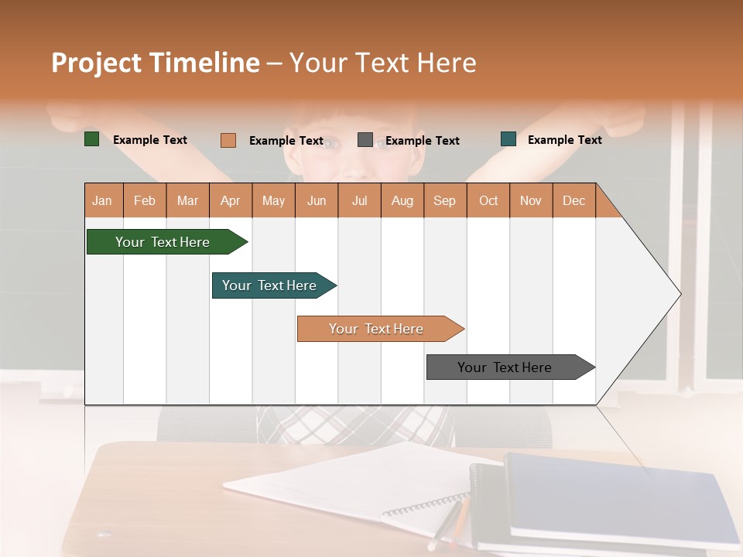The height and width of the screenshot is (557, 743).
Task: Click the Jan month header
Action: pos(103,200)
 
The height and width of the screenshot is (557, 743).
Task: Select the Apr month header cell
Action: pos(231,200)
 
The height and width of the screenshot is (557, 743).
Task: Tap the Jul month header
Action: pos(359,200)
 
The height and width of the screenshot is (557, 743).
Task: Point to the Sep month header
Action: pos(444,200)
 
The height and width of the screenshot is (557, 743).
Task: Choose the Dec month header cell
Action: pos(574,200)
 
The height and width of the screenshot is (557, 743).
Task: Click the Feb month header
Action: pos(145,200)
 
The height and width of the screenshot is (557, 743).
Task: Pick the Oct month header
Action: pos(488,200)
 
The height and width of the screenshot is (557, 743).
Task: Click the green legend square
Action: pos(91,139)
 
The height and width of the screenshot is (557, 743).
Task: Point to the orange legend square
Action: pos(228,140)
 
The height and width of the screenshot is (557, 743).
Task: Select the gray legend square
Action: pos(365,139)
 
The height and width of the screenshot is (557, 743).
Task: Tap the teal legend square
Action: pos(508,139)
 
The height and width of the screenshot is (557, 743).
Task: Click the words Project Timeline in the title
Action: pos(155,63)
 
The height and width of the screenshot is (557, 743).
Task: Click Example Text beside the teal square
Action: pos(564,139)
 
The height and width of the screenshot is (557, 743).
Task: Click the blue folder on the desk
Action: pos(619,495)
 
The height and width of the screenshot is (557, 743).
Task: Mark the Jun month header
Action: pos(317,200)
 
